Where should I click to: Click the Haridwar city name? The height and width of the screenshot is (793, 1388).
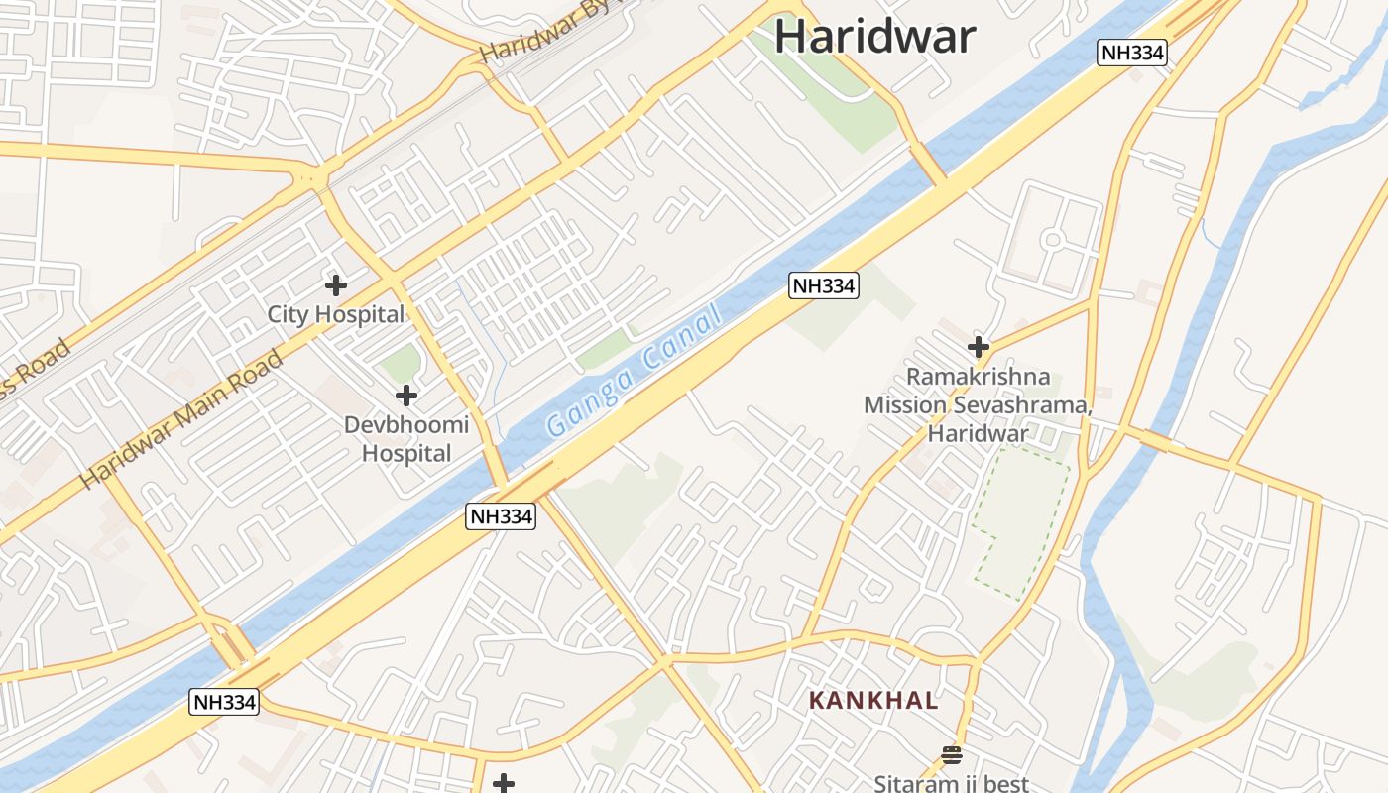874,36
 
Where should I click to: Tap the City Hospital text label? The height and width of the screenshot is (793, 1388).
336,315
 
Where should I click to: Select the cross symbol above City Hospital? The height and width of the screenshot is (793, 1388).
336,285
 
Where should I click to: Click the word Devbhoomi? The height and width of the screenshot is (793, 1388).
406,425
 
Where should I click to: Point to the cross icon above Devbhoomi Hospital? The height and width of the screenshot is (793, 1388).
405,396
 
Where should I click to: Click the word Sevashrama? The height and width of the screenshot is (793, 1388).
1030,405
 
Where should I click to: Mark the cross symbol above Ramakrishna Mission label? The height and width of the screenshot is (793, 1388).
979,347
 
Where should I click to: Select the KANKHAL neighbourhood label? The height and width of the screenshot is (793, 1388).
873,701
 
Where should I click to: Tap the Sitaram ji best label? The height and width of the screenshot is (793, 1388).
951,783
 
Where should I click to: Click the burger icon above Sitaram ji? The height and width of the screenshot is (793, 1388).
952,755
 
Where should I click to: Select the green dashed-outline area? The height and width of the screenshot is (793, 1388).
1021,520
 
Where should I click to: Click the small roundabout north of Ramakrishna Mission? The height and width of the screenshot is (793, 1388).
1052,239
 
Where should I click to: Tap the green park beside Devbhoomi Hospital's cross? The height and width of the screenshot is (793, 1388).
402,364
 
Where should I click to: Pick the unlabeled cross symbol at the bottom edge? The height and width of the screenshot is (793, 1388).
504,784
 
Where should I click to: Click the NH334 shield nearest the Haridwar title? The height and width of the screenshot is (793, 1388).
1131,53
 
